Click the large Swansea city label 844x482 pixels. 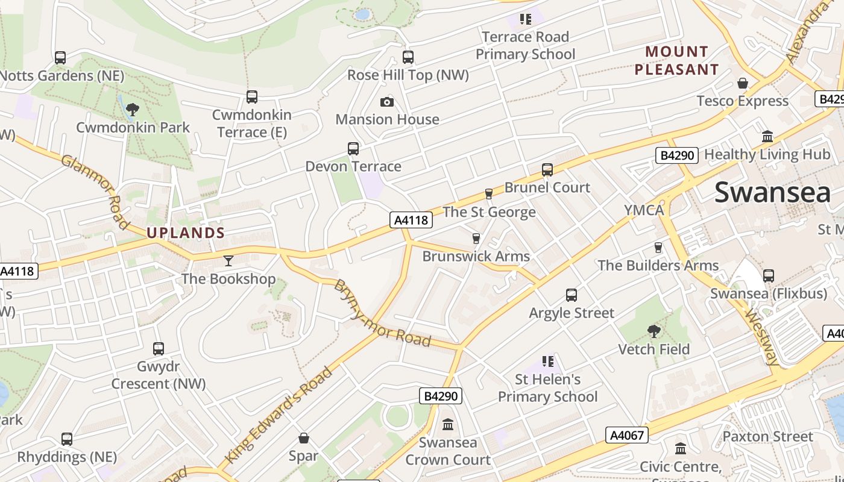[x=772, y=193]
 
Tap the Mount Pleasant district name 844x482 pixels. [x=676, y=60]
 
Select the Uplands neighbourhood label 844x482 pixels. [x=186, y=233]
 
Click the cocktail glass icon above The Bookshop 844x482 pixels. [x=228, y=260]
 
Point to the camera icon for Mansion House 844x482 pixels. [x=387, y=102]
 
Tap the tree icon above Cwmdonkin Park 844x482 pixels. [x=132, y=109]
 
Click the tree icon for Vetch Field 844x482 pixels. [x=653, y=331]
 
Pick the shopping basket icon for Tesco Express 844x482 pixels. [x=743, y=83]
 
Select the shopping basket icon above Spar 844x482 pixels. [x=303, y=437]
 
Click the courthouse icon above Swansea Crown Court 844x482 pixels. [x=448, y=425]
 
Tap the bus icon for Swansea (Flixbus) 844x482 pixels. [x=768, y=275]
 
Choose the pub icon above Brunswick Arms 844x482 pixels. [x=476, y=239]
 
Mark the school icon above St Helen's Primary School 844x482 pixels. [x=547, y=361]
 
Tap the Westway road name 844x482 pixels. [x=763, y=337]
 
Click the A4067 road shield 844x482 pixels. [x=627, y=435]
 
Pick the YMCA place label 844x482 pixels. [x=644, y=210]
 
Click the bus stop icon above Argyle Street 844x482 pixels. [x=572, y=295]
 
